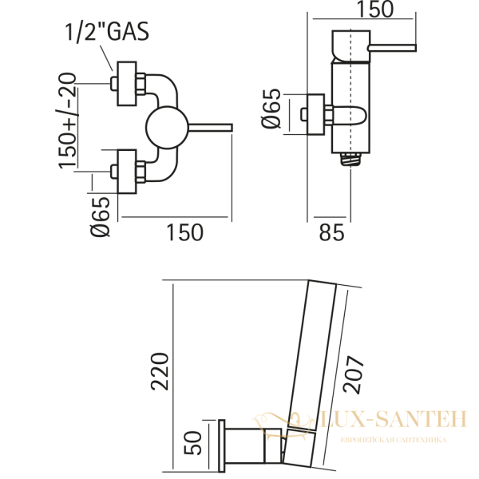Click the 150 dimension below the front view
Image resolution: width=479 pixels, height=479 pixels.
pyautogui.click(x=184, y=232)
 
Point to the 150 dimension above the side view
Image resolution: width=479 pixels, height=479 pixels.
pyautogui.click(x=376, y=10)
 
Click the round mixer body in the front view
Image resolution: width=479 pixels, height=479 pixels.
pyautogui.click(x=164, y=128)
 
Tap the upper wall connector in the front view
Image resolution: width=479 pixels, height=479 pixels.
pyautogui.click(x=129, y=81)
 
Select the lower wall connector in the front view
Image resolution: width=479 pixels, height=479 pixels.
pyautogui.click(x=129, y=170)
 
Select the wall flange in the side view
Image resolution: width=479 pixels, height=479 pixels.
pyautogui.click(x=316, y=115)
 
